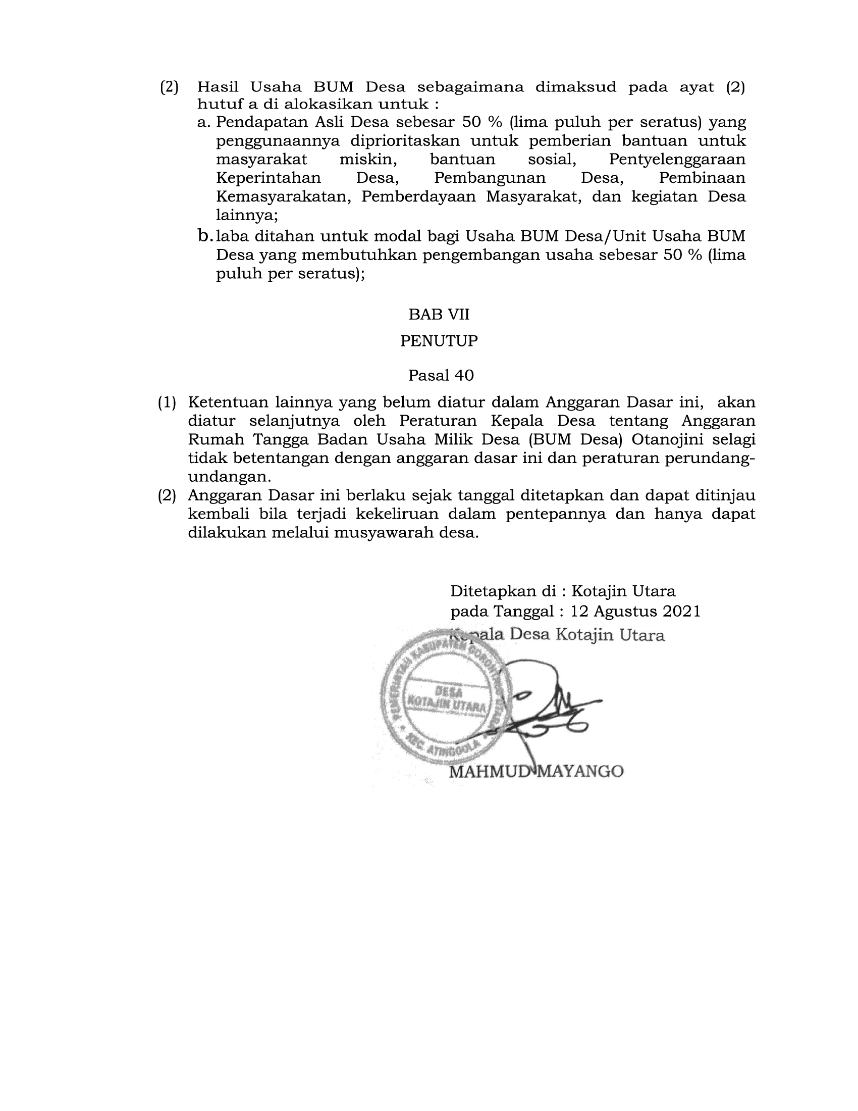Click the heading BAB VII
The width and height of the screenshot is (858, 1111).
[x=439, y=315]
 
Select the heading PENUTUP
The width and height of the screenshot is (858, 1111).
[x=439, y=341]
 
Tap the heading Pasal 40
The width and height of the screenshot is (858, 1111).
[x=441, y=375]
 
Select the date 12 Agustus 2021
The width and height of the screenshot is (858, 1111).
[x=635, y=611]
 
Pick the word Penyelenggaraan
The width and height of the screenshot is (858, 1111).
[x=676, y=160]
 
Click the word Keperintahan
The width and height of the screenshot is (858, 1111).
[x=269, y=178]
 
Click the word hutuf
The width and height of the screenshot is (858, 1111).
[x=213, y=105]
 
